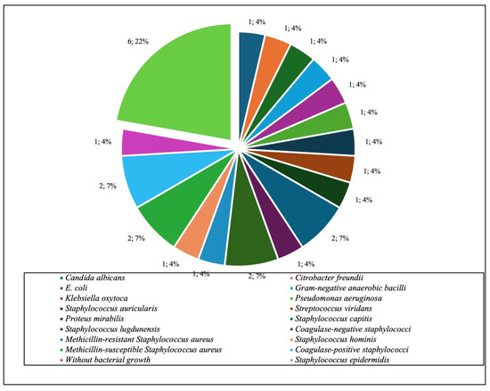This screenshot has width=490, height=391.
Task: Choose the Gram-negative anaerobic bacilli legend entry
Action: (x=336, y=297)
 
